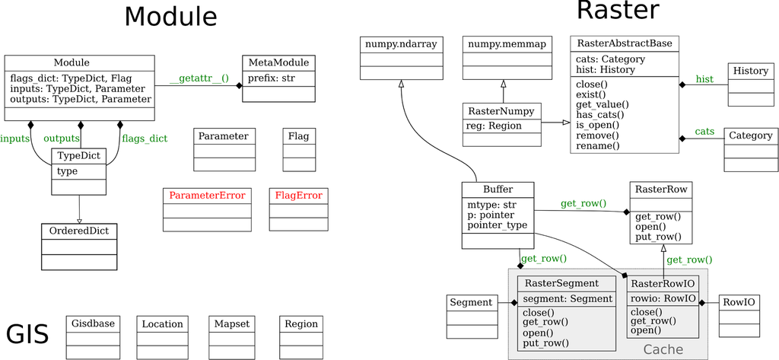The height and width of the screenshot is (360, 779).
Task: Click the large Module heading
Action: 170,17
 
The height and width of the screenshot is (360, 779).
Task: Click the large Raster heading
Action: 617,11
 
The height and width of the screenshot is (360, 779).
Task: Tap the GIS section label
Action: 27,335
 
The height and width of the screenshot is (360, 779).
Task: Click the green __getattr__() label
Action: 199,78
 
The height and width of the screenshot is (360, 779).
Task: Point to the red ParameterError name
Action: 207,196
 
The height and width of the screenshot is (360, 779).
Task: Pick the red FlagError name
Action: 298,196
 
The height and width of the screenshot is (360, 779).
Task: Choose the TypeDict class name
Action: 79,156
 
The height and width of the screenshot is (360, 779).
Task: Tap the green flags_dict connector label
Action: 145,139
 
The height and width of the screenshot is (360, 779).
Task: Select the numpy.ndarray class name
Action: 401,44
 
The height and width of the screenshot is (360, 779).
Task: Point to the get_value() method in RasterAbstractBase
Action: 603,104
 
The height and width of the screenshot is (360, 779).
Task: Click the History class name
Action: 751,71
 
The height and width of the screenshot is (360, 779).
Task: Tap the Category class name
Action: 750,135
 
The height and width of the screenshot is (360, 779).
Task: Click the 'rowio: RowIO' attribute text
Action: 663,298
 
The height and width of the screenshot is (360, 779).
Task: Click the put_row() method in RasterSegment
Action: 545,343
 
